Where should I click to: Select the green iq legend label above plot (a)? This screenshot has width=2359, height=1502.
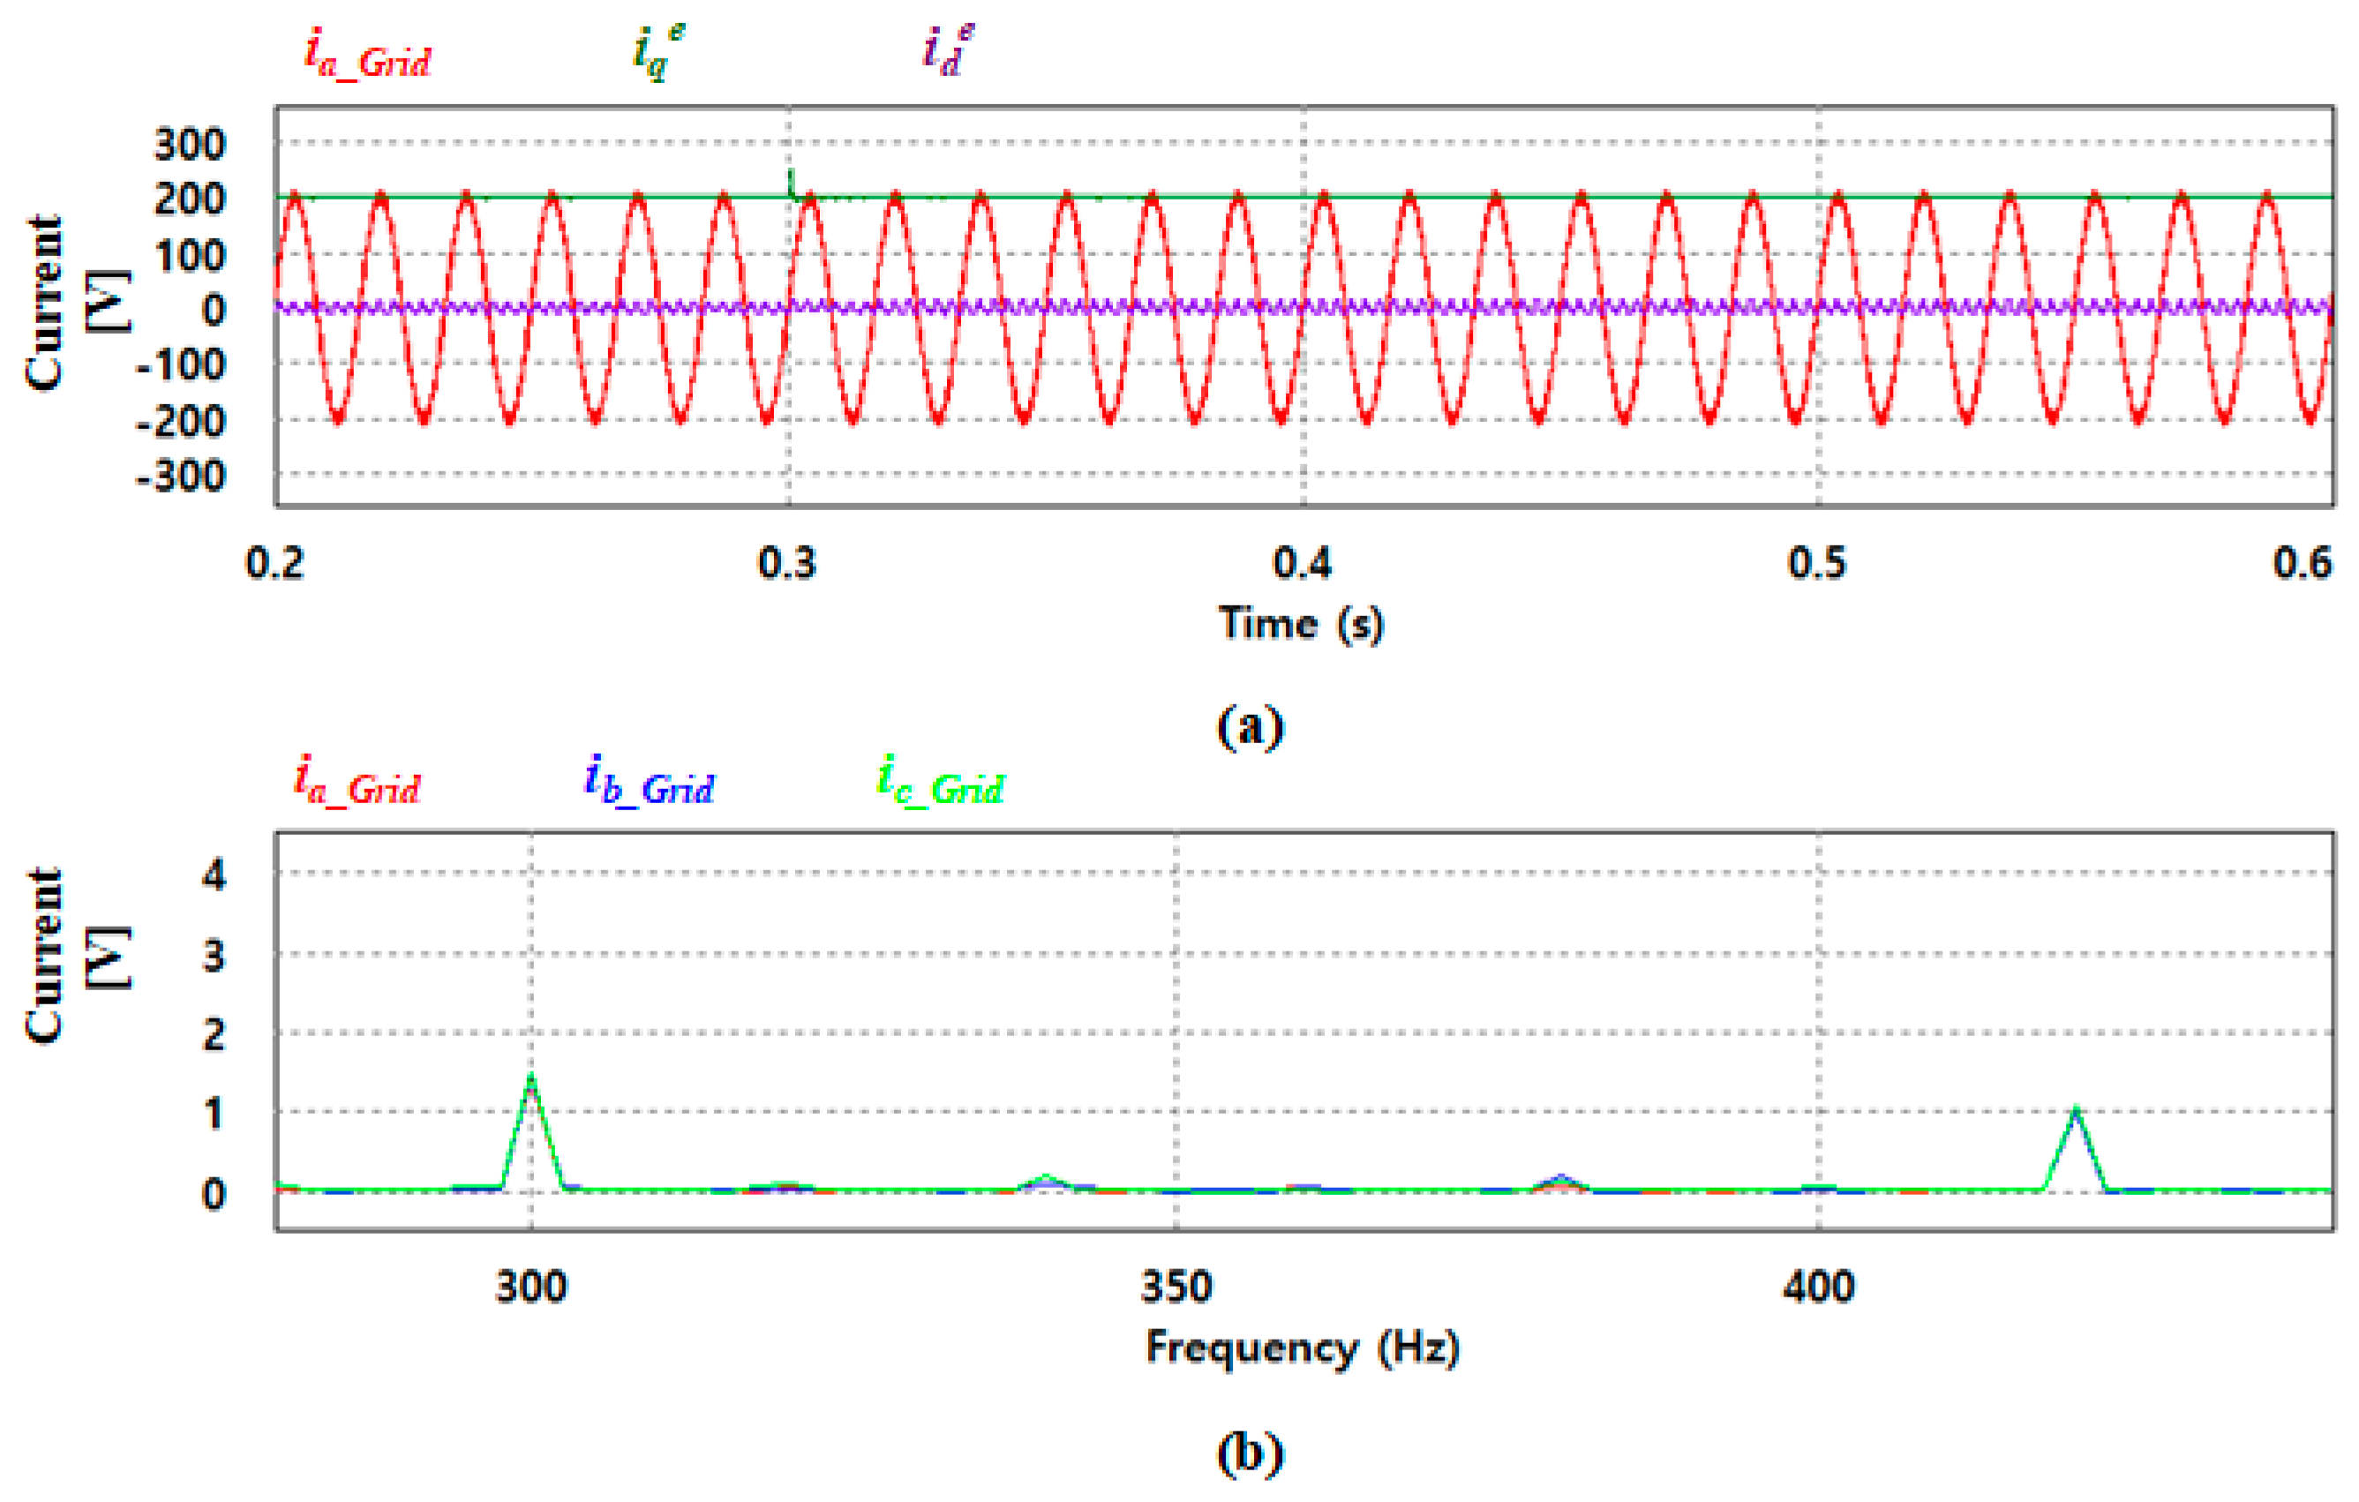tap(658, 54)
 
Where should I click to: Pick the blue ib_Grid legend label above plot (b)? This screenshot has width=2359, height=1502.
tap(650, 783)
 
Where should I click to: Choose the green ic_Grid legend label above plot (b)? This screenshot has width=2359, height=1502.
tap(941, 783)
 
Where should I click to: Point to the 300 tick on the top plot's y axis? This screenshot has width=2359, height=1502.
tap(190, 145)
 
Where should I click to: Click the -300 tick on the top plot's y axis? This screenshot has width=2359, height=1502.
tap(181, 477)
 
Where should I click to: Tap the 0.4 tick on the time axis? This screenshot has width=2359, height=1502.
tap(1302, 563)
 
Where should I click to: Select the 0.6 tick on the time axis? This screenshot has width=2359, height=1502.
tap(2303, 563)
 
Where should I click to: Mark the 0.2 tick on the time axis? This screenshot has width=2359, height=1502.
tap(275, 563)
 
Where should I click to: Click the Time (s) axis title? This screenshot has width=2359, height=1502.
tap(1301, 624)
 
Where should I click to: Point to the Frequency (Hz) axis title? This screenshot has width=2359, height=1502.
tap(1303, 1348)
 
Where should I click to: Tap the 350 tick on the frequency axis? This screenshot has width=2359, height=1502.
tap(1176, 1287)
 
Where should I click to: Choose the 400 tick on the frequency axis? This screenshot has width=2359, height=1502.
tap(1819, 1287)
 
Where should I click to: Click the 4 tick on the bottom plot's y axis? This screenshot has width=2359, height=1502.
tap(214, 874)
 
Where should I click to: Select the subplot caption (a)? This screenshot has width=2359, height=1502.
tap(1250, 727)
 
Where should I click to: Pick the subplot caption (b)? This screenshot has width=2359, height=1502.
tap(1250, 1453)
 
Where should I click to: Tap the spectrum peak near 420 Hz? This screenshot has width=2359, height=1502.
tap(2075, 1112)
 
